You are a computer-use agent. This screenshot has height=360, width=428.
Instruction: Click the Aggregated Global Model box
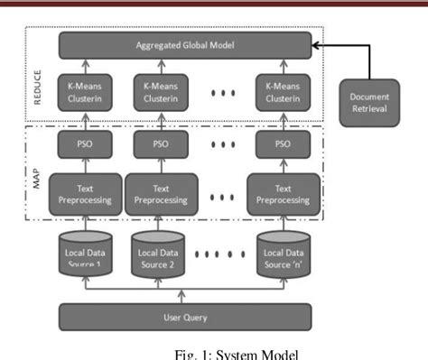(x=186, y=44)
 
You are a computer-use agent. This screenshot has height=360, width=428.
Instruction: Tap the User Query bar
(x=186, y=316)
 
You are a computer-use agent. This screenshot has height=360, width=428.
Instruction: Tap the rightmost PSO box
(x=283, y=143)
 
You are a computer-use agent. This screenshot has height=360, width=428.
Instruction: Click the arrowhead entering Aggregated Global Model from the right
(x=316, y=44)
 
